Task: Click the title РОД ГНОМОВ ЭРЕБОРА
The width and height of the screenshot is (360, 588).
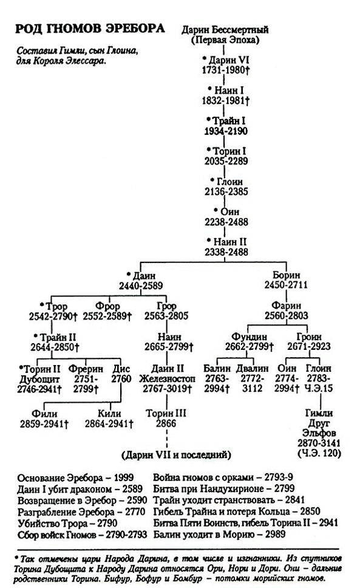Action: click(x=90, y=29)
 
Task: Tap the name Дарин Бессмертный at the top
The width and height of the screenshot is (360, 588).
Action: click(x=225, y=30)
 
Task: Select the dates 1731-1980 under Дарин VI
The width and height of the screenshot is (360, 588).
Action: click(x=224, y=70)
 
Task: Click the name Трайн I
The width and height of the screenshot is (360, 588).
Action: click(x=229, y=121)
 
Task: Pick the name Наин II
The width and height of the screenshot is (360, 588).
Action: click(x=230, y=242)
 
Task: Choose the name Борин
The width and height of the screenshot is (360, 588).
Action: click(x=286, y=275)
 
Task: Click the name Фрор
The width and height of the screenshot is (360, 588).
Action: click(x=107, y=306)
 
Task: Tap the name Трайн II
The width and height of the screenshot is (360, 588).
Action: click(x=58, y=337)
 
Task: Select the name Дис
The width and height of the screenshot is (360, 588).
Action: click(x=121, y=369)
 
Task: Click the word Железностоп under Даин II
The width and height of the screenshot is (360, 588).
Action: click(x=167, y=379)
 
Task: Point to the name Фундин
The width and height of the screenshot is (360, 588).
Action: click(x=249, y=337)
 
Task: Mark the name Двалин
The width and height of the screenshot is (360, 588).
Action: click(x=252, y=368)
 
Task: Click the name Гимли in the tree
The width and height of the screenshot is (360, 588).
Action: click(x=319, y=413)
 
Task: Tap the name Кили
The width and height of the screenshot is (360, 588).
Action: click(x=109, y=414)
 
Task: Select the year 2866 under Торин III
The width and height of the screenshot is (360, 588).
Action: click(x=166, y=423)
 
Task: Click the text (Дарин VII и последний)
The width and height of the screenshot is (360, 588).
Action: click(x=176, y=455)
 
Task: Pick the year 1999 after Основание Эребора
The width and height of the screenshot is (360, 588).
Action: click(x=124, y=477)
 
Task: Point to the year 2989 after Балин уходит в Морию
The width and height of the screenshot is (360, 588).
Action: click(x=276, y=534)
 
